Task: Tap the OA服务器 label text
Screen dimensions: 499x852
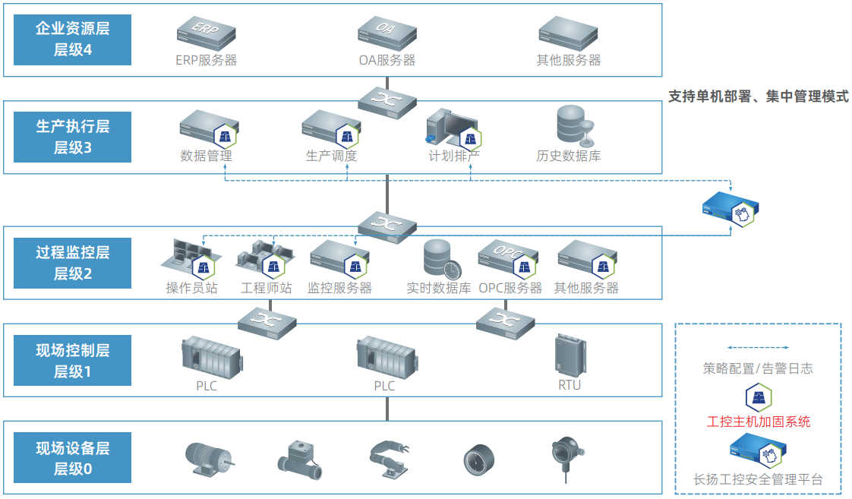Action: [x=387, y=60]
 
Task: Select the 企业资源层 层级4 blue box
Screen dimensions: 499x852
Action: [x=72, y=39]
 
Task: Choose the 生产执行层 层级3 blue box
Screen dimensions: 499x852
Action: [x=72, y=137]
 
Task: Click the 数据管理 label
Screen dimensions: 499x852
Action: [x=206, y=156]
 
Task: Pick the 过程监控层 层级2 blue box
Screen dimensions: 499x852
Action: [x=72, y=263]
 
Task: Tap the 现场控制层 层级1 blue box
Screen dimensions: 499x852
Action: [x=72, y=361]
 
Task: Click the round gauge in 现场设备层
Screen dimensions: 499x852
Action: [x=479, y=459]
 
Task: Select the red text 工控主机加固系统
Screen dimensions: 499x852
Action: [x=758, y=422]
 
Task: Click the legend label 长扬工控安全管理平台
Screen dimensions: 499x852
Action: [x=758, y=479]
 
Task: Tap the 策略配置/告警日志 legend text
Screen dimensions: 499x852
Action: [x=758, y=368]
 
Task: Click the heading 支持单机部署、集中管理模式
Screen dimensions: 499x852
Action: [x=758, y=97]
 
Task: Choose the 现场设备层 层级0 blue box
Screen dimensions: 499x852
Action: [x=72, y=458]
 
